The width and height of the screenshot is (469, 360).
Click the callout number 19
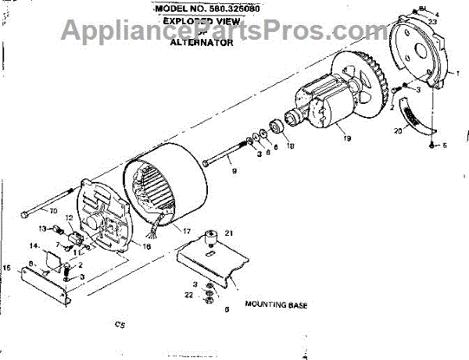[x=346, y=139]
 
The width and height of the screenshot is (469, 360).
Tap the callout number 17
[x=186, y=231]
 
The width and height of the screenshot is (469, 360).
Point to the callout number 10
[x=54, y=212]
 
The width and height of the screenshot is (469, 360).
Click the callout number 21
[x=229, y=233]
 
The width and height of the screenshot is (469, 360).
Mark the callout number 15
[x=8, y=268]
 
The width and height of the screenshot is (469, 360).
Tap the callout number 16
[x=146, y=245]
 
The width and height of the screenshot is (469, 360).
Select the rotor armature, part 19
[x=328, y=109]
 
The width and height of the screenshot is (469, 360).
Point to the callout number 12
[x=69, y=218]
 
